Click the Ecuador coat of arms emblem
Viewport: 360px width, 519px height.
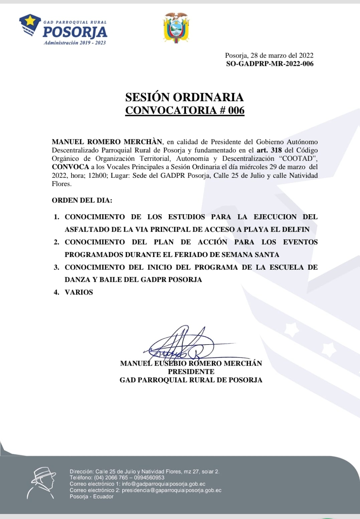point(176,28)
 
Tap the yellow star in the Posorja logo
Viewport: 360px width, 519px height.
point(30,21)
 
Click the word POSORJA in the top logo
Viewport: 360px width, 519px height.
point(75,32)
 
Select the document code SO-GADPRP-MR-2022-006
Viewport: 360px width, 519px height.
point(269,64)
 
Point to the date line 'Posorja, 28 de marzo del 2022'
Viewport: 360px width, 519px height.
point(269,55)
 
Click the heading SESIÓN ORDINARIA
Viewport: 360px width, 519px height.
point(184,97)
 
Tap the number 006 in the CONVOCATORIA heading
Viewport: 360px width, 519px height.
point(236,110)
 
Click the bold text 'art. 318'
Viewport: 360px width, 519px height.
point(269,150)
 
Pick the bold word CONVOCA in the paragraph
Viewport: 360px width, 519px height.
point(70,167)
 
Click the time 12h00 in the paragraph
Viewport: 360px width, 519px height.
point(97,175)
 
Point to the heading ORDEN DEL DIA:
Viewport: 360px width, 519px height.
point(82,201)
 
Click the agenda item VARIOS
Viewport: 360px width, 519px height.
point(79,292)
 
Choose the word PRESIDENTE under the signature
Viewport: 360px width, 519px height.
point(191,372)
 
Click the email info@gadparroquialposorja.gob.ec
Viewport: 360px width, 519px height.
point(163,484)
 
